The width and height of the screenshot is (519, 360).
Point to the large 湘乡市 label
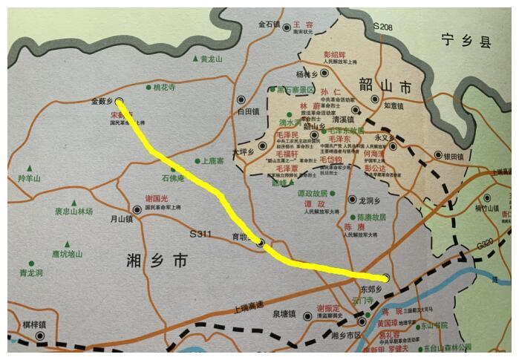[x=158, y=261]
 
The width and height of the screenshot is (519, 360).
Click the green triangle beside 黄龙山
[x=195, y=59]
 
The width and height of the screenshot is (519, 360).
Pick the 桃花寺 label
[x=163, y=88]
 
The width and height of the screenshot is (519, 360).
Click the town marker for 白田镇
[x=241, y=99]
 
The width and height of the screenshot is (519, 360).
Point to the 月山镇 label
[x=121, y=219]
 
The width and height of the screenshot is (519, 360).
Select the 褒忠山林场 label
[x=73, y=212]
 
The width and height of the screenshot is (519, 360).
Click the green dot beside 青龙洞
[x=30, y=264]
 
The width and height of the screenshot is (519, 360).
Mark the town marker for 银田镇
[x=438, y=157]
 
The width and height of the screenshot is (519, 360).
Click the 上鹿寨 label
[x=214, y=160]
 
